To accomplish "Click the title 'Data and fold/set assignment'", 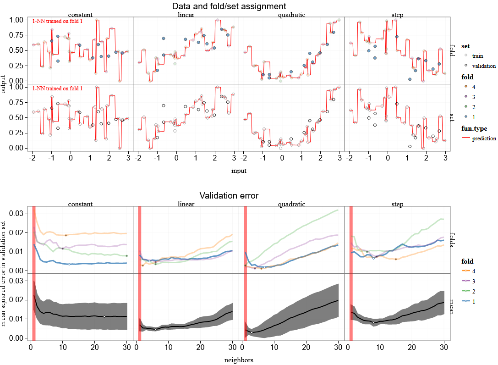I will tap(229, 6).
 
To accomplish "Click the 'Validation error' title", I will tap(229, 196).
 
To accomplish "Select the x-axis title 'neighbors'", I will tap(238, 360).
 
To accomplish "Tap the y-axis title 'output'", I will tap(4, 84).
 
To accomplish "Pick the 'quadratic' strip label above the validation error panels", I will tap(291, 204).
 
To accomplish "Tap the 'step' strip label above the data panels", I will tap(397, 15).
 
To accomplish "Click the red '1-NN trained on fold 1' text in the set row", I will tap(57, 88).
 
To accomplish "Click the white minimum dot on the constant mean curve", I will tap(104, 316).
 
